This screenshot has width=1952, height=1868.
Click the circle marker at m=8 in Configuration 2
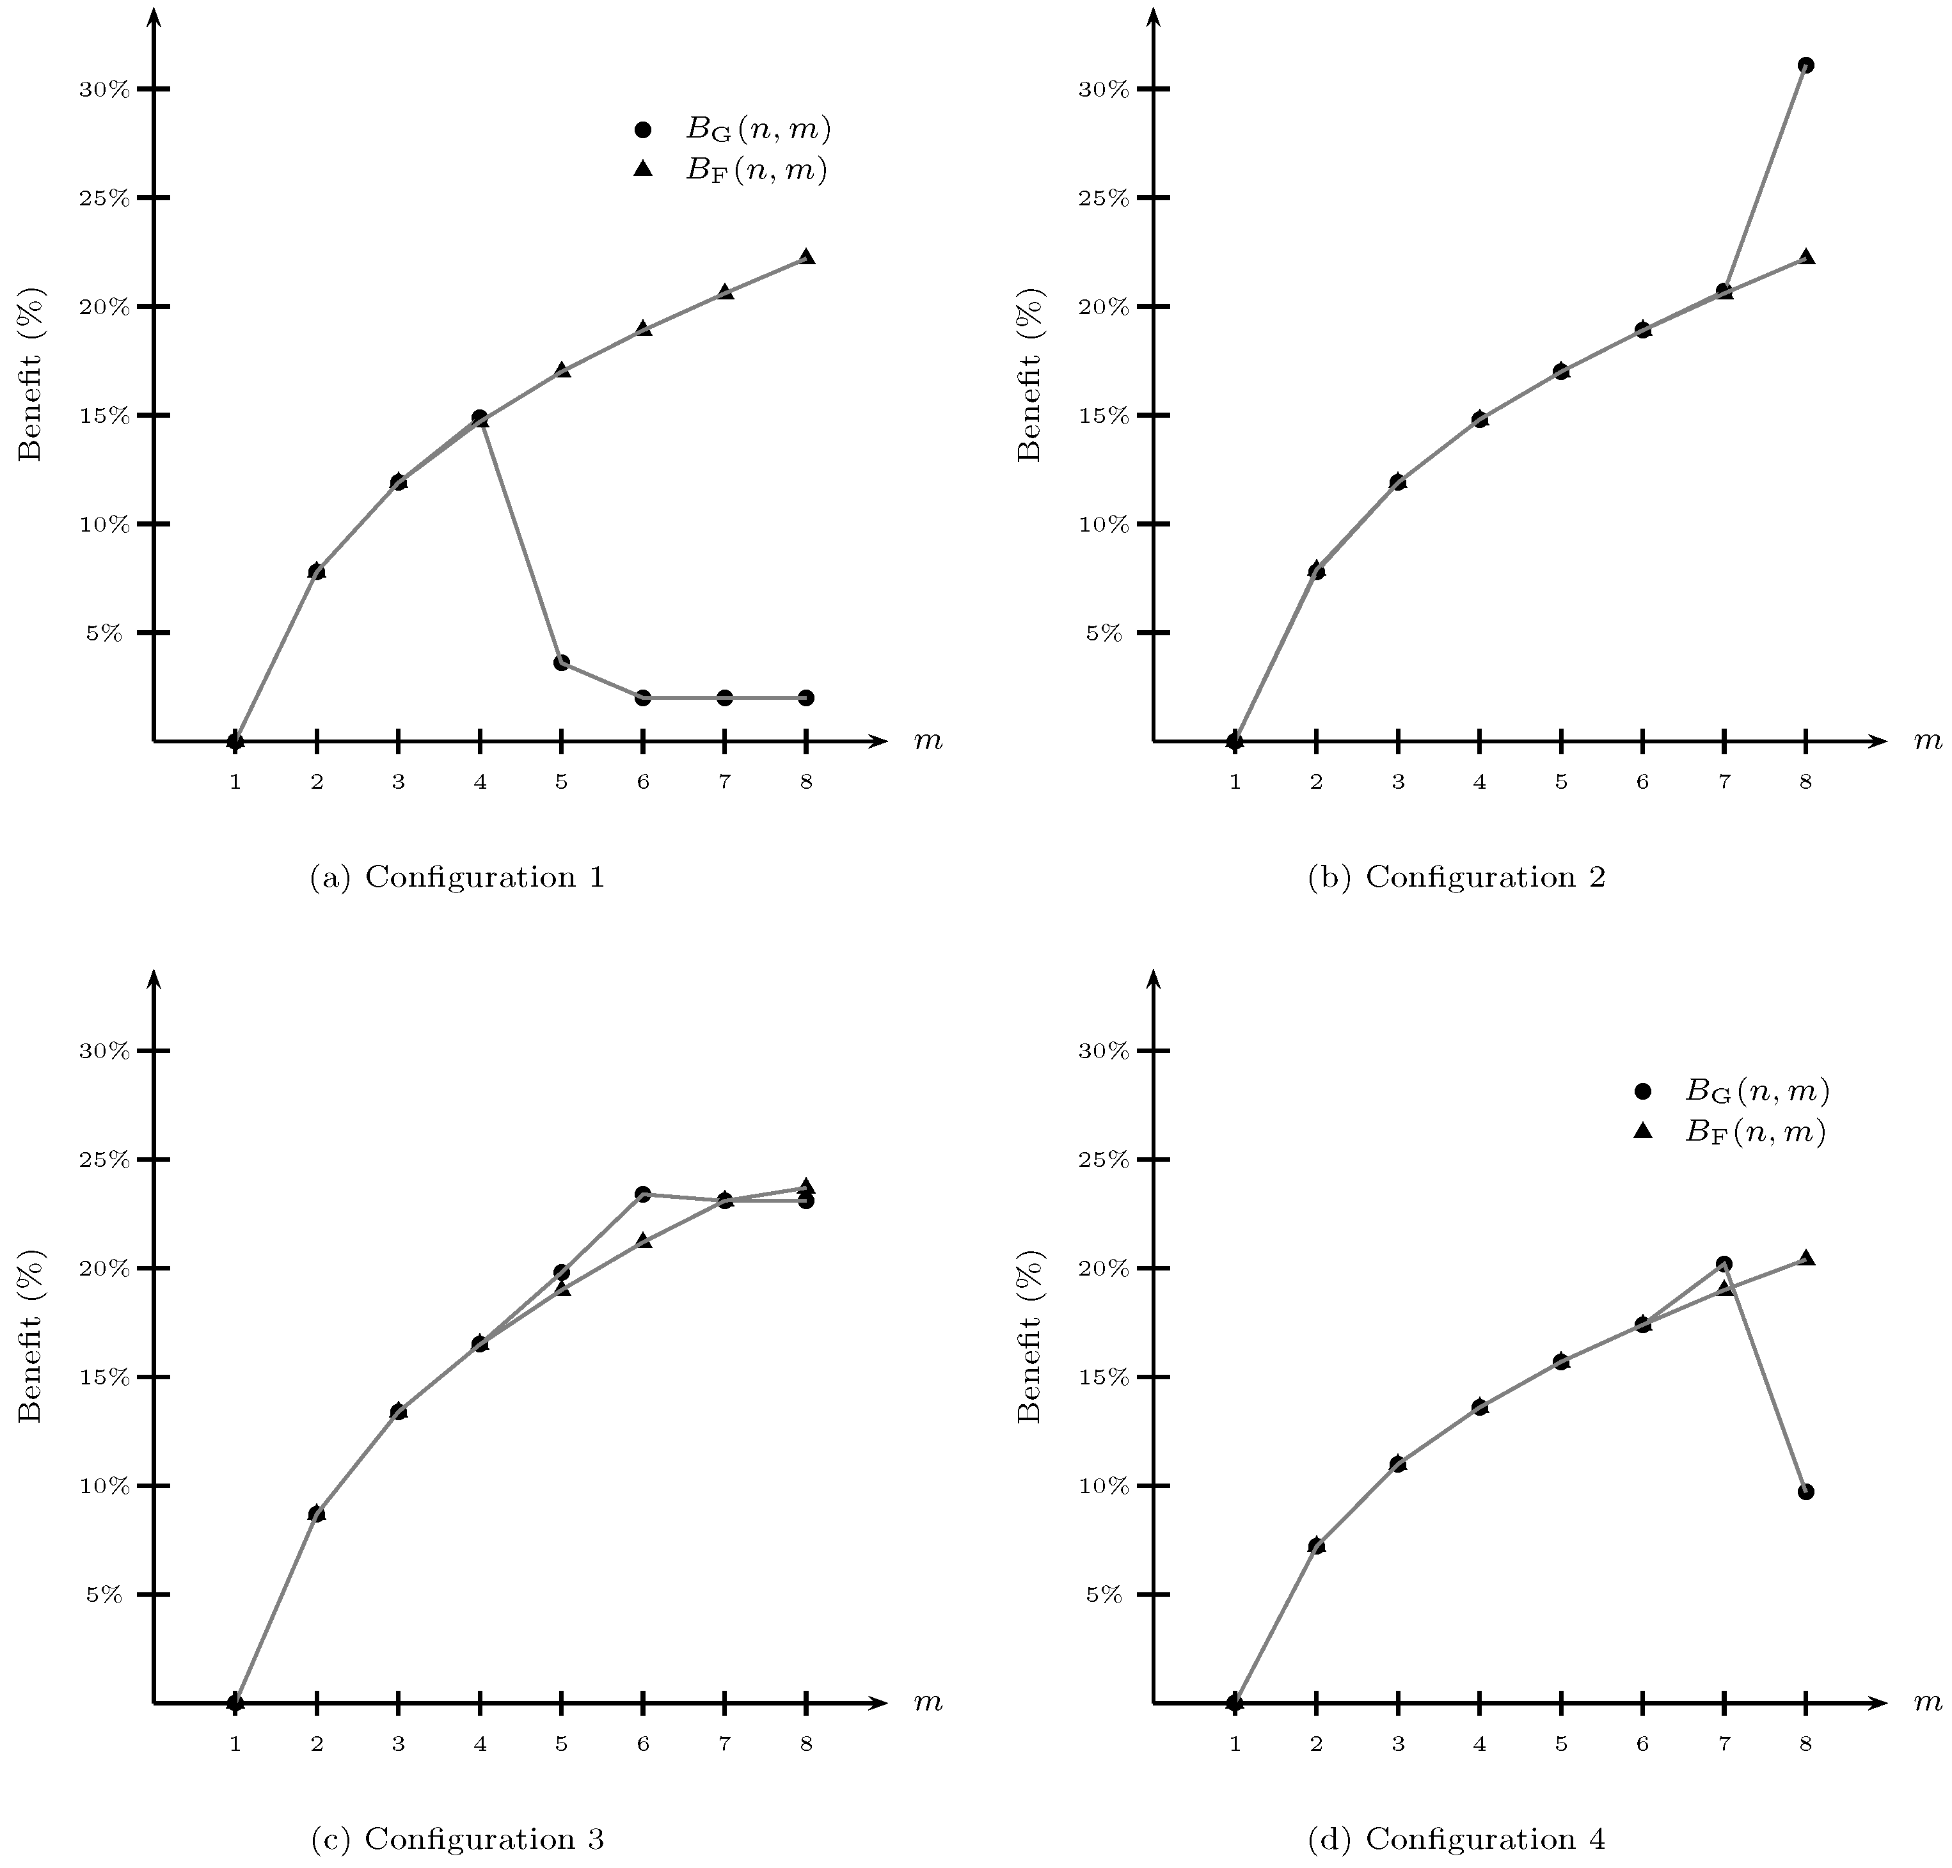coord(1805,66)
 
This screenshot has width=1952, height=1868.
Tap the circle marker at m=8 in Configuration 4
coord(1805,1492)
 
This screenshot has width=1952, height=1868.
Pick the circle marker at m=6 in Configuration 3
coord(644,1194)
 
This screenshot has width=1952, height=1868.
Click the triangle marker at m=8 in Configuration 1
coord(807,257)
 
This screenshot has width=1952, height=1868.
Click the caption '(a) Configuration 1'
coord(457,877)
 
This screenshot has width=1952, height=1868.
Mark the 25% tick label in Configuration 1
coord(104,198)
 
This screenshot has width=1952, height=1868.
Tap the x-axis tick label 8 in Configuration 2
coord(1805,782)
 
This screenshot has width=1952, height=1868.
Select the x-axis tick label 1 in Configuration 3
coord(235,1743)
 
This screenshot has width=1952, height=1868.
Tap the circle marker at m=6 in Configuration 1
coord(644,697)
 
